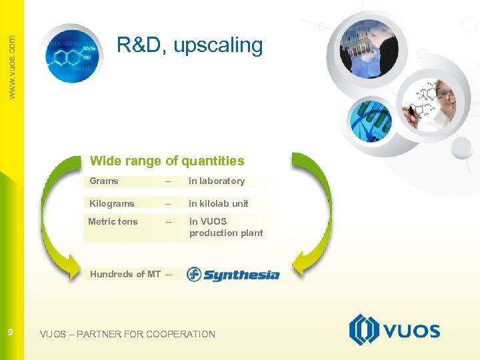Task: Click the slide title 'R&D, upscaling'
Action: pyautogui.click(x=190, y=45)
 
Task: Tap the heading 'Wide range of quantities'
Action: pyautogui.click(x=167, y=161)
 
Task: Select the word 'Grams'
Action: pyautogui.click(x=104, y=181)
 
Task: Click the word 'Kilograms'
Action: pyautogui.click(x=112, y=203)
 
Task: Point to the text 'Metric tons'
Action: pyautogui.click(x=113, y=221)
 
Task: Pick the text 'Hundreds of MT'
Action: pyautogui.click(x=125, y=274)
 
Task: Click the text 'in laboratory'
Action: pyautogui.click(x=217, y=181)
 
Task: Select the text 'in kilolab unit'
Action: pyautogui.click(x=218, y=203)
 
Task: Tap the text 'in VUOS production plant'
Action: pyautogui.click(x=226, y=227)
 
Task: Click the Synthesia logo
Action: pyautogui.click(x=233, y=274)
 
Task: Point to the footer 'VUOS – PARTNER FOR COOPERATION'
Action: pyautogui.click(x=127, y=334)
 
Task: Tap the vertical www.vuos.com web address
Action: pyautogui.click(x=11, y=67)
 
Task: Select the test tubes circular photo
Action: pyautogui.click(x=365, y=48)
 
